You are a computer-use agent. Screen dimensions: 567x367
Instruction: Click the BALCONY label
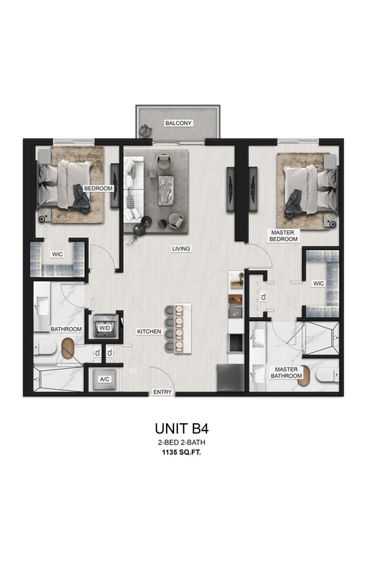178,124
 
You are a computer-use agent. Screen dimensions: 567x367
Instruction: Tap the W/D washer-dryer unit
105,328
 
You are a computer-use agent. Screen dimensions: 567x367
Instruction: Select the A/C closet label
105,380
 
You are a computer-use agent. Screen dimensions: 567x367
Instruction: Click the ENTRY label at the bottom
162,392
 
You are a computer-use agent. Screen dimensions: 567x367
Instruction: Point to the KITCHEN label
149,332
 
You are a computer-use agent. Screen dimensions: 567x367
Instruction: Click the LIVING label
181,249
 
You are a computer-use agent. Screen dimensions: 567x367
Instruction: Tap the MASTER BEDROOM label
282,236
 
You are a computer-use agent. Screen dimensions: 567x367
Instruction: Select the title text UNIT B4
183,427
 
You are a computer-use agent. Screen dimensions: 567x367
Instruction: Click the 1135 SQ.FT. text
183,453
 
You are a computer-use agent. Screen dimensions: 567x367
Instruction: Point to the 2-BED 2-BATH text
183,442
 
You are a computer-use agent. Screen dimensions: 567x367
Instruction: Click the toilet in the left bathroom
46,347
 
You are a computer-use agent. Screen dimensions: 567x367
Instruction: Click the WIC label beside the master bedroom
318,283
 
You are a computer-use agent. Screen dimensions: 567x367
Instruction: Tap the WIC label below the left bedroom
58,255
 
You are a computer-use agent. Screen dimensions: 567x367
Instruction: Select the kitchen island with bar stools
181,326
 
